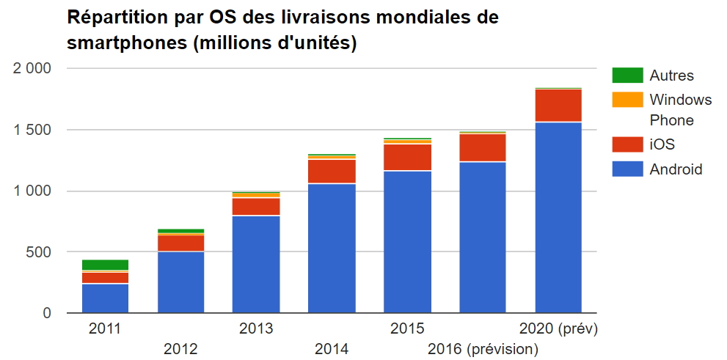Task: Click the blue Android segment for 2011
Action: coord(105,298)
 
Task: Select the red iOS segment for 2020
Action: coord(558,106)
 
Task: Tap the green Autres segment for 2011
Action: coord(105,265)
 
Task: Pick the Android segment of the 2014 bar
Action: coord(332,248)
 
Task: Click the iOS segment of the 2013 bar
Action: coord(256,207)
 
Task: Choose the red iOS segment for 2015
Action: coord(407,158)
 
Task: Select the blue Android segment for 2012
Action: coord(180,282)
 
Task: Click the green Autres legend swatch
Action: coord(627,75)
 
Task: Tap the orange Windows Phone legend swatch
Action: coord(627,99)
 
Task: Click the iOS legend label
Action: coord(662,144)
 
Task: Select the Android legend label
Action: coord(676,169)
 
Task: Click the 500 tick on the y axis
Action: coord(38,252)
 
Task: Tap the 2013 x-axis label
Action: coord(256,328)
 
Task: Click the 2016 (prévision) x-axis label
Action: coord(483,348)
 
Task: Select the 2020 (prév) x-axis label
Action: coord(558,328)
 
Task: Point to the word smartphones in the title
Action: coord(125,44)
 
